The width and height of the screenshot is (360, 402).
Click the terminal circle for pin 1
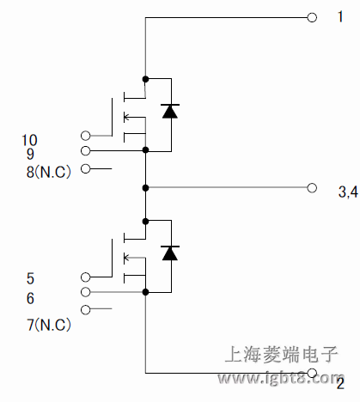point(312,16)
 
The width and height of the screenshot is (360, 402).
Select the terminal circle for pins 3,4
point(312,186)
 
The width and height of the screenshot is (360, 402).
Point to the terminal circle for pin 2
point(312,374)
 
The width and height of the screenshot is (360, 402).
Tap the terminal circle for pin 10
point(85,135)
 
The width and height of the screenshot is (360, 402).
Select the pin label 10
point(29,139)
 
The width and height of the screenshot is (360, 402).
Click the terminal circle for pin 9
point(85,150)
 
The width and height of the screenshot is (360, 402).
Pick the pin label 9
point(30,155)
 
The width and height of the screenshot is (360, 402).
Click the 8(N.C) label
point(50,171)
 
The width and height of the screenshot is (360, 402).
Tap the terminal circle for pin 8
point(85,168)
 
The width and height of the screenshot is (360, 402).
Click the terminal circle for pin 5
point(85,277)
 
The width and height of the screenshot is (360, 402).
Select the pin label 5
point(31,278)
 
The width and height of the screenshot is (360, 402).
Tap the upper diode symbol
point(170,110)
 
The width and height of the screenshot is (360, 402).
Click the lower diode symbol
point(170,253)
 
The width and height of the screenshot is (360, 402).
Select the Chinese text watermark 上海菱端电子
point(282,355)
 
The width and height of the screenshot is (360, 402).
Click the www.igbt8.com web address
point(282,378)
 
